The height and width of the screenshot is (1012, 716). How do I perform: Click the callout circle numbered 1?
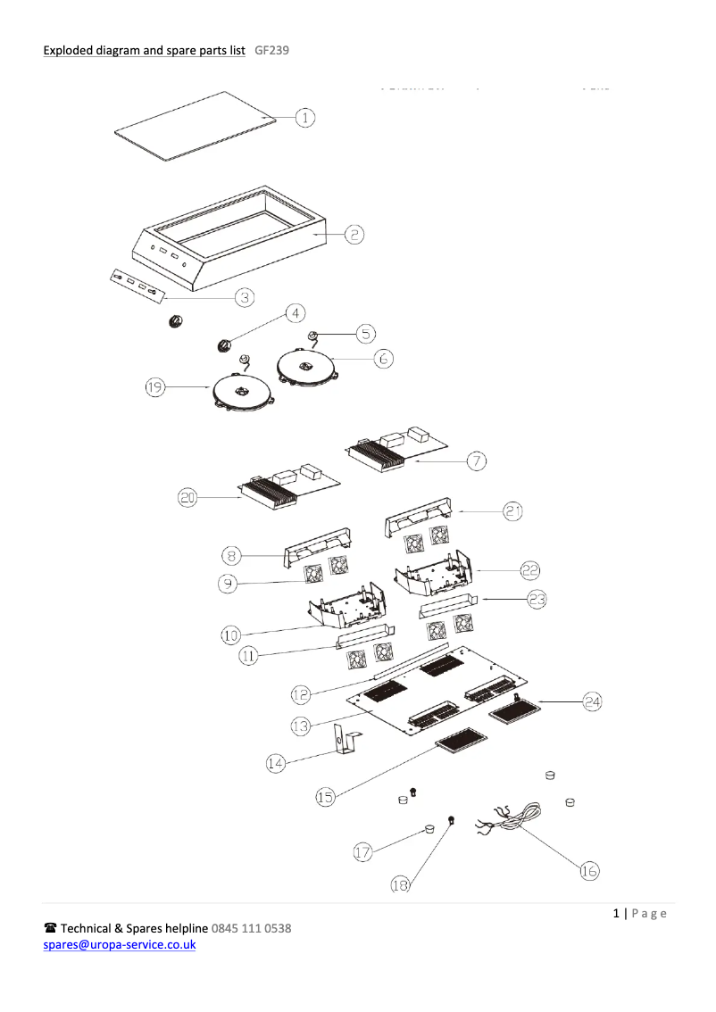[x=304, y=117]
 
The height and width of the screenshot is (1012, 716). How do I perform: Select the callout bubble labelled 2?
[x=354, y=234]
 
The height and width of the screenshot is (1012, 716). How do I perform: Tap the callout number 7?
[x=478, y=460]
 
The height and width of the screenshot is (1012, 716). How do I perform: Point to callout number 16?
[x=589, y=871]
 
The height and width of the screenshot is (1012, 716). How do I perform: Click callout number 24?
[x=592, y=702]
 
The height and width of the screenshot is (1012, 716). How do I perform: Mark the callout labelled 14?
[x=277, y=762]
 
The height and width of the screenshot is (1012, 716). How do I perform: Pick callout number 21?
[x=512, y=510]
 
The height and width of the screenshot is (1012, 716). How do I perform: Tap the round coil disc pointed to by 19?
[x=242, y=392]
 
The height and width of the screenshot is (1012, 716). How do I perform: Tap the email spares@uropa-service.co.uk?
[x=120, y=944]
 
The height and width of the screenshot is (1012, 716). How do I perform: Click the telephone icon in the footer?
[x=50, y=928]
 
